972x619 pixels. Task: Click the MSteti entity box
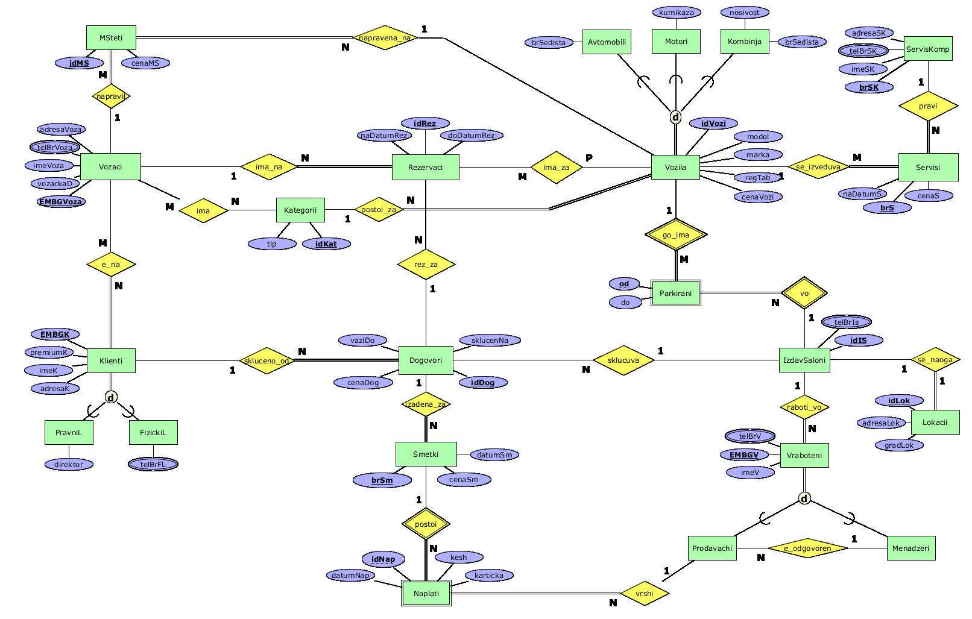111,38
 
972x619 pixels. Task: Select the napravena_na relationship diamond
385,37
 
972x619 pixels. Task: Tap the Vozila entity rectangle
675,167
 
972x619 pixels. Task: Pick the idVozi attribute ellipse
713,124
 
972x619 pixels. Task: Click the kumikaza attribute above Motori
676,12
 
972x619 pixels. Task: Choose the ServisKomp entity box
928,49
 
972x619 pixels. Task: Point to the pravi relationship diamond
928,106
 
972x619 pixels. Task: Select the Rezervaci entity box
425,167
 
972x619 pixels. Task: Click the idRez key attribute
425,124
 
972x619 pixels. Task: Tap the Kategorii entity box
300,210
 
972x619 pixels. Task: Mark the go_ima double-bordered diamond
675,235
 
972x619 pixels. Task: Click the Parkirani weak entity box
675,294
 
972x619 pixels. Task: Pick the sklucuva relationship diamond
623,360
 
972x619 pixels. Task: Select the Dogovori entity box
426,360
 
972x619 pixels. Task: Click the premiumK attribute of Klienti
49,353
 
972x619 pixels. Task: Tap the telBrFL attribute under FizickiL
153,464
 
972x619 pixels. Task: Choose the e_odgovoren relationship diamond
807,548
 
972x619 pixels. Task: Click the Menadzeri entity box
910,548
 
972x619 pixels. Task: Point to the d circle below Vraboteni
804,498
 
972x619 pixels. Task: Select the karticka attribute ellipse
488,576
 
